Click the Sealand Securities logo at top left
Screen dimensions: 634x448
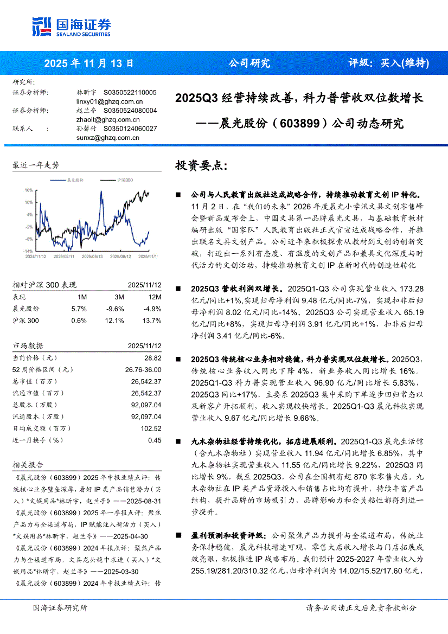click(x=71, y=26)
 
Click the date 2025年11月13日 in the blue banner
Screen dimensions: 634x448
click(x=88, y=63)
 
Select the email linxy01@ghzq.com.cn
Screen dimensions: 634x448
click(x=110, y=101)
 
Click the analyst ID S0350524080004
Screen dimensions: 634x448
click(x=130, y=110)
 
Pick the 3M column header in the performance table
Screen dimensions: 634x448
click(x=119, y=297)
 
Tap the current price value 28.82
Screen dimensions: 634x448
click(x=153, y=358)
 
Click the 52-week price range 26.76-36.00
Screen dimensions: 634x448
click(x=142, y=370)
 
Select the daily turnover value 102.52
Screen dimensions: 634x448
click(x=151, y=428)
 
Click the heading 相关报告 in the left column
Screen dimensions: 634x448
click(x=28, y=465)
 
